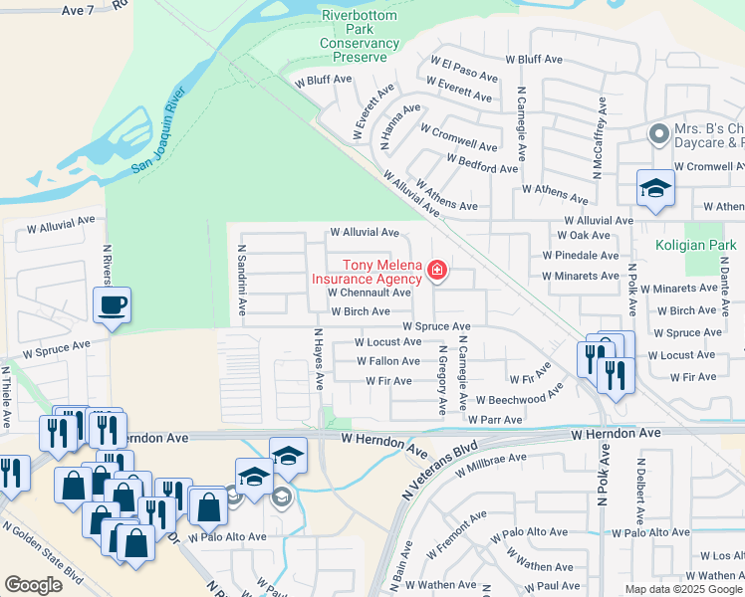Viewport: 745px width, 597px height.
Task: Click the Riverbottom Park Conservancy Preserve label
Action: tap(360, 37)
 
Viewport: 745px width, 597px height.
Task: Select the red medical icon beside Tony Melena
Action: tap(436, 271)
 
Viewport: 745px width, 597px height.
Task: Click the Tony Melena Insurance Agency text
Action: tap(381, 273)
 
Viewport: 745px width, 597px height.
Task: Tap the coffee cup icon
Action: tap(112, 304)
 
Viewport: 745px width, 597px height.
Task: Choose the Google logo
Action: tap(34, 585)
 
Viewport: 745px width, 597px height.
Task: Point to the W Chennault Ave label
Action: tap(369, 293)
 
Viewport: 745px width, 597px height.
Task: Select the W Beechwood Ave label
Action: tap(526, 399)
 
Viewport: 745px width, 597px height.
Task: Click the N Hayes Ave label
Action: tap(319, 359)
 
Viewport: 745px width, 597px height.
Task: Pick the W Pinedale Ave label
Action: tap(581, 255)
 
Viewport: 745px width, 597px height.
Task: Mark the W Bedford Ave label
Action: tap(482, 164)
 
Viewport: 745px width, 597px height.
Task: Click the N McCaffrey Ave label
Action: tap(600, 138)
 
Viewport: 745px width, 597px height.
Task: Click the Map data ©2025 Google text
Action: tap(683, 589)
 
